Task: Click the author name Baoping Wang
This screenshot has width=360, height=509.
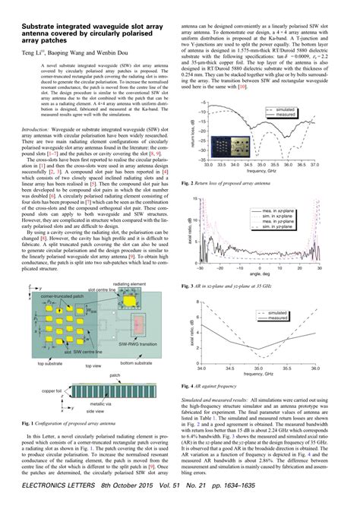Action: pyautogui.click(x=62, y=53)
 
